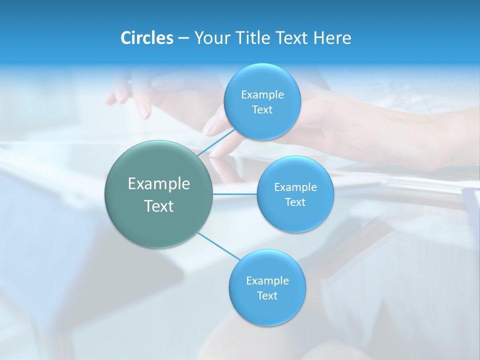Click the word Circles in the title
point(146,38)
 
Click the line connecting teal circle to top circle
point(216,142)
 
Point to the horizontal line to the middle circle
point(234,194)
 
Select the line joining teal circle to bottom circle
point(218,246)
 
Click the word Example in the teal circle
point(159,184)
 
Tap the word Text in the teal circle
point(159,206)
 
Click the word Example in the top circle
point(262,94)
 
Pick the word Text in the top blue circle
point(262,110)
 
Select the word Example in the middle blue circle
point(295,187)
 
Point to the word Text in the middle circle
point(295,202)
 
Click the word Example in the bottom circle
point(267,281)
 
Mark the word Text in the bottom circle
point(267,296)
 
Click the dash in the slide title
point(183,38)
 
